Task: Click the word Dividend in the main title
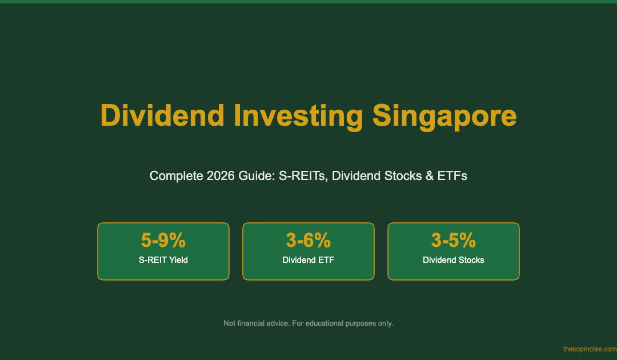pos(162,115)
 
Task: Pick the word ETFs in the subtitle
pos(452,175)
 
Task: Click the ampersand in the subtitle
pos(429,175)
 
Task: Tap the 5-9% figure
pos(163,240)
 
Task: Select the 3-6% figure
pos(308,240)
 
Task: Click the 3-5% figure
pos(453,240)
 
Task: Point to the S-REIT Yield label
pos(163,260)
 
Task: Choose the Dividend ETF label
pos(308,260)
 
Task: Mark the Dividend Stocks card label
pos(453,260)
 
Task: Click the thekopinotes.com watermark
pos(590,349)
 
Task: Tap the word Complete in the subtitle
pos(177,176)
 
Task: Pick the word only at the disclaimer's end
pos(386,323)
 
